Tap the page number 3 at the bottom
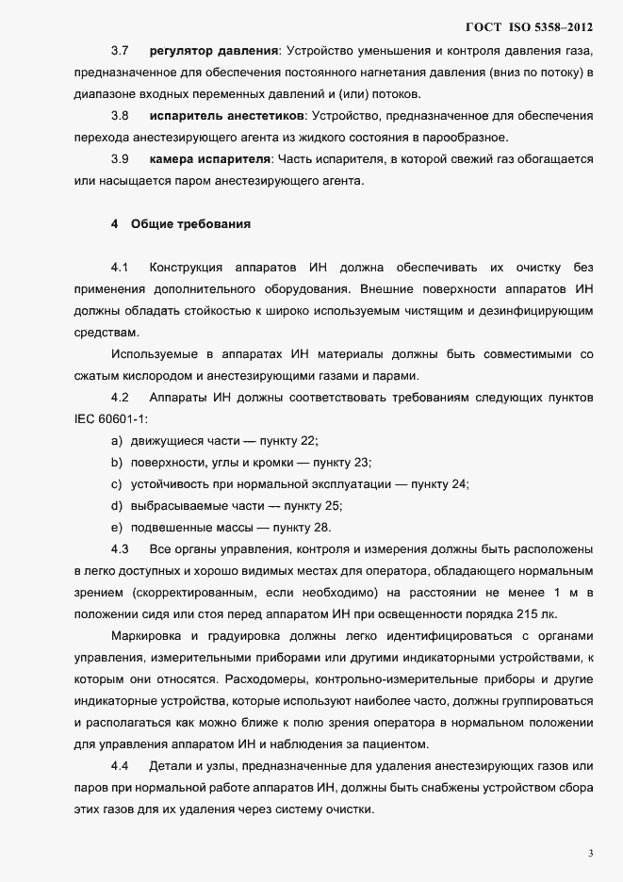[590, 854]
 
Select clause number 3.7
[120, 49]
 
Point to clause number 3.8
[120, 115]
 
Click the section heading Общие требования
[190, 224]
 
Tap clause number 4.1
[120, 267]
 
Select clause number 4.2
[120, 398]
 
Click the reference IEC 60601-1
[110, 419]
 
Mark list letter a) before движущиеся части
[117, 441]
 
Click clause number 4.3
[120, 549]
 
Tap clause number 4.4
[120, 766]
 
